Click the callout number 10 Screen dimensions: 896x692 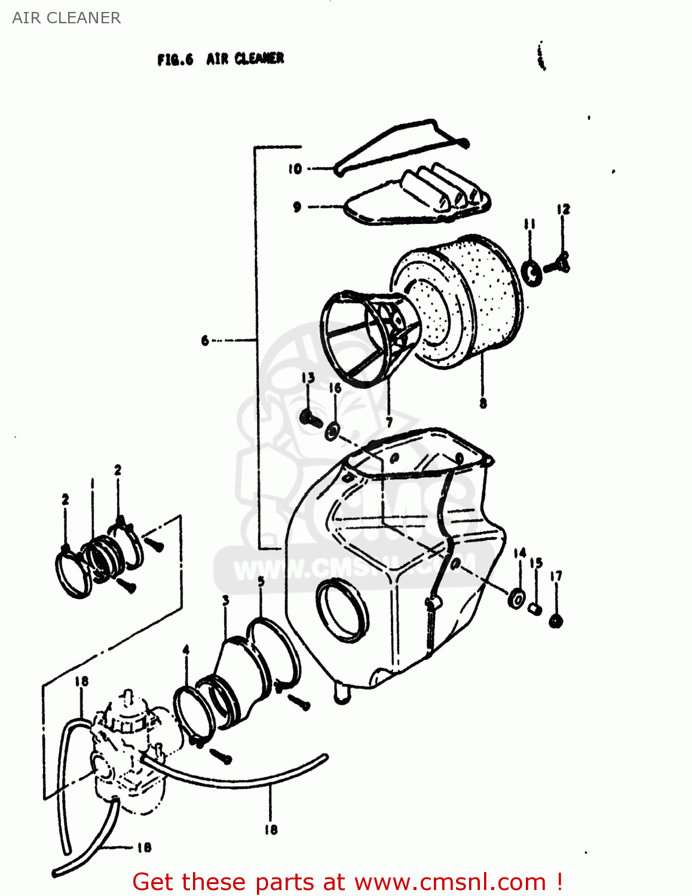pos(295,169)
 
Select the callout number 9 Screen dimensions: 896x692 pos(297,207)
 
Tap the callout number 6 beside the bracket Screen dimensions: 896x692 pos(205,340)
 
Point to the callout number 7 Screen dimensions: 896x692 pos(389,422)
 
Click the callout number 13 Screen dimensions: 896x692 pos(308,378)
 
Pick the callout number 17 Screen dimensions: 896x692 pos(556,576)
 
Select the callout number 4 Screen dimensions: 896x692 pos(186,650)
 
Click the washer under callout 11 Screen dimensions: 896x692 pos(531,272)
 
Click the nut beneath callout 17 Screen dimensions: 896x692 pos(556,621)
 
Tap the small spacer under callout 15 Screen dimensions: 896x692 pos(535,609)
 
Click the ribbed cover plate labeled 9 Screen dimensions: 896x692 pos(418,200)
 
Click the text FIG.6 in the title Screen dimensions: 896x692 pos(175,59)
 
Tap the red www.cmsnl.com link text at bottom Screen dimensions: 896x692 pos(450,882)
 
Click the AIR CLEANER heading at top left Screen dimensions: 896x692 pos(66,18)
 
